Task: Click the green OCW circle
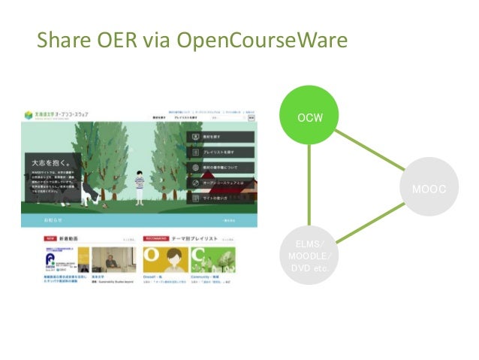pos(309,118)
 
